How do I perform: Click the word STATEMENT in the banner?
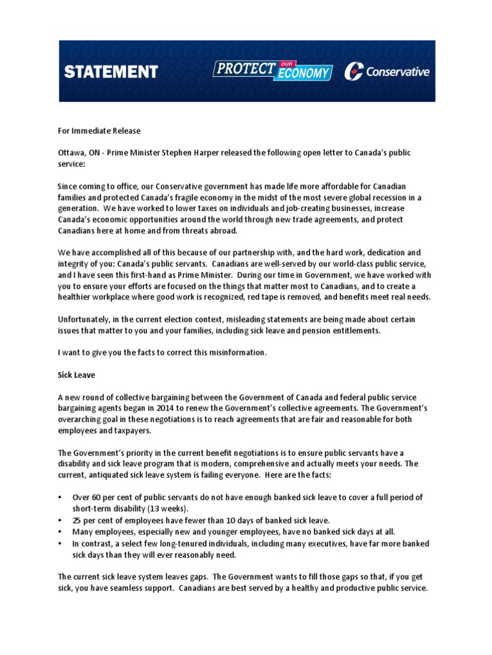(111, 72)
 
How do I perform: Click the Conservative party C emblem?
(353, 72)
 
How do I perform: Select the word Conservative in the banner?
(397, 72)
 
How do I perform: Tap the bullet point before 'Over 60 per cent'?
(60, 497)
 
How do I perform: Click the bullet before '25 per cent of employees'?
(60, 520)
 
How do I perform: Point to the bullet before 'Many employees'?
(60, 532)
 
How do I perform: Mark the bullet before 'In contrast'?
(60, 543)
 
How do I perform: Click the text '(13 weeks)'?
(166, 509)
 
